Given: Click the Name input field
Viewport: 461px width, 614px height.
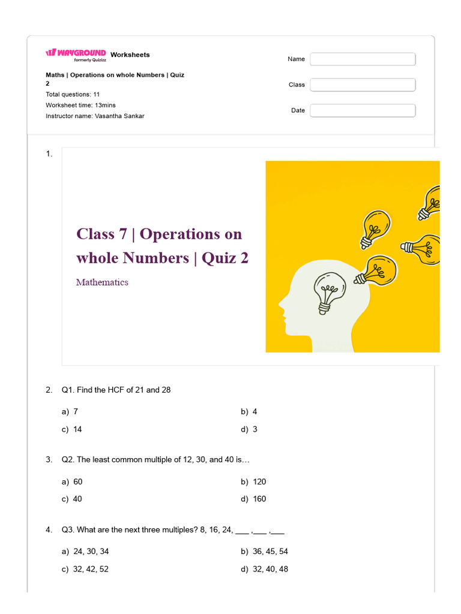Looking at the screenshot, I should pyautogui.click(x=363, y=59).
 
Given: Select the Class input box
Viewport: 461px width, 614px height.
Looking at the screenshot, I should pyautogui.click(x=363, y=85).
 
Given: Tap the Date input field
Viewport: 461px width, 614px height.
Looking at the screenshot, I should pyautogui.click(x=363, y=111).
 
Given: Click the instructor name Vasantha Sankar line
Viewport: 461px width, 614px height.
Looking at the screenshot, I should pyautogui.click(x=95, y=116).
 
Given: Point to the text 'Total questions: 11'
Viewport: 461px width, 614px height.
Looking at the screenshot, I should pyautogui.click(x=73, y=94).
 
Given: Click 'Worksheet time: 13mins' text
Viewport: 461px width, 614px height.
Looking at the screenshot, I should pyautogui.click(x=81, y=105).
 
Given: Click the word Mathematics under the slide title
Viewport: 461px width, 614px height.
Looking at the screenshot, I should pyautogui.click(x=102, y=282).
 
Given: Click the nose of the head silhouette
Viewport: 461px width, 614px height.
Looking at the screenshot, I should pyautogui.click(x=281, y=303).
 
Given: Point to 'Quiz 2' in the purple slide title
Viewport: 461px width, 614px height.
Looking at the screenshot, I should pyautogui.click(x=225, y=258).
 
